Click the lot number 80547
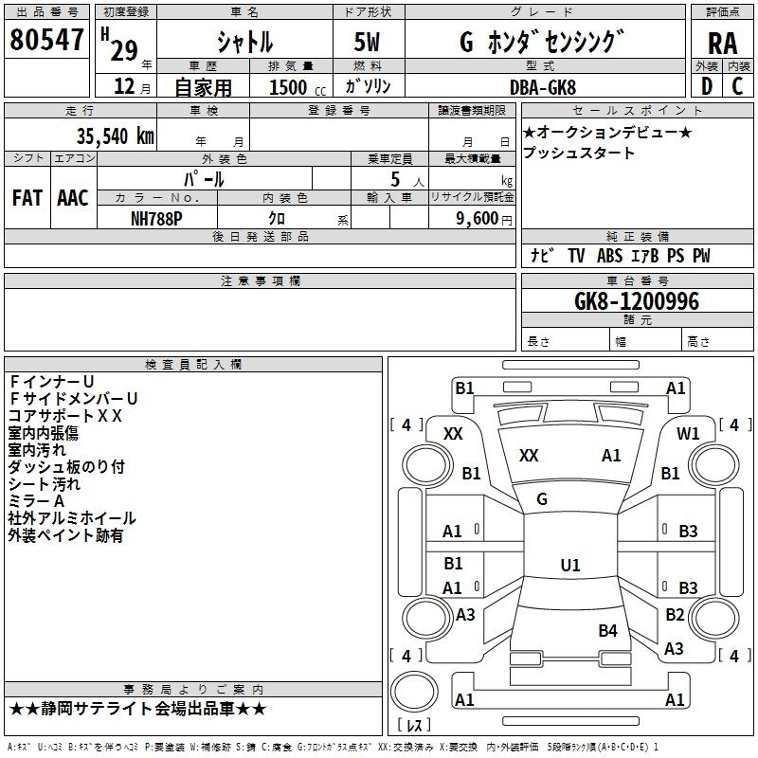pos(46,39)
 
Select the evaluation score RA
pos(722,44)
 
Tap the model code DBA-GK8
pos(543,87)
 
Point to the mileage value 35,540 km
pos(115,136)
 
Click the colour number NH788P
pos(156,219)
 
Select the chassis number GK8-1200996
pos(636,301)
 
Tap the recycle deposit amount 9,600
pos(478,219)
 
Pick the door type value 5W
pos(367,42)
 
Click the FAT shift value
pos(27,198)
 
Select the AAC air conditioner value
pos(73,198)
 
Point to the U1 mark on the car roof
pos(570,565)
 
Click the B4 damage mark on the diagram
pos(607,631)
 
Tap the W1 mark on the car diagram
pos(688,434)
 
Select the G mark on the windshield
pos(542,499)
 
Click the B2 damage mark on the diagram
pos(675,614)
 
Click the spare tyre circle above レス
pos(414,691)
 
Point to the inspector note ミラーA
pos(36,501)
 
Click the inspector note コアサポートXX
pos(64,416)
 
